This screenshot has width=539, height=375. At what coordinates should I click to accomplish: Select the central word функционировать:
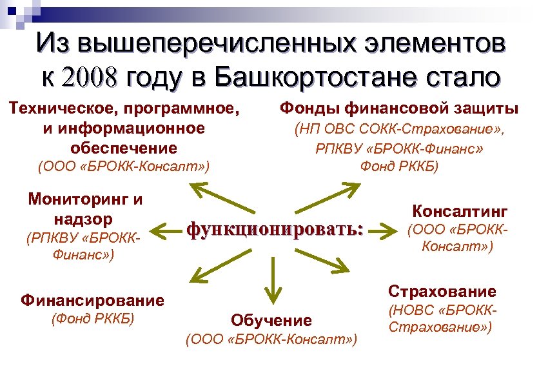pyautogui.click(x=275, y=228)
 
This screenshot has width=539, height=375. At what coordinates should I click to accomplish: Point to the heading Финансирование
pyautogui.click(x=92, y=299)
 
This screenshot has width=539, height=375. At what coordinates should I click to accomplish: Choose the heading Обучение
pyautogui.click(x=271, y=319)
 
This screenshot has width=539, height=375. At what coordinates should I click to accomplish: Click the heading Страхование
pyautogui.click(x=442, y=290)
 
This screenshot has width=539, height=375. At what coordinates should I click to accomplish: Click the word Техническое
pyautogui.click(x=66, y=109)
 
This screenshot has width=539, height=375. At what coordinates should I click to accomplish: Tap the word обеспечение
pyautogui.click(x=123, y=147)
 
